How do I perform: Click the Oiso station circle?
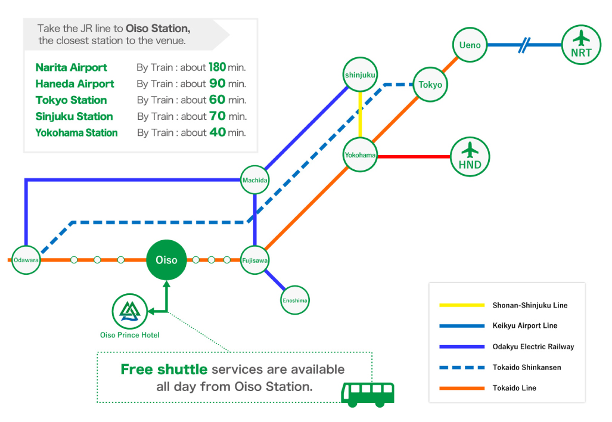(x=166, y=260)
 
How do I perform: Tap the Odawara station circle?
(x=26, y=260)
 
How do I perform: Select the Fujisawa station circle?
(x=254, y=260)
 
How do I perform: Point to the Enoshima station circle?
(x=295, y=300)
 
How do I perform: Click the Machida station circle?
(x=254, y=180)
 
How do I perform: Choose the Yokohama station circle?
(x=360, y=155)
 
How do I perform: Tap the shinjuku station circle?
(x=360, y=75)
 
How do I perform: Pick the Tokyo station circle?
(x=430, y=85)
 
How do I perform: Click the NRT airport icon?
(x=580, y=45)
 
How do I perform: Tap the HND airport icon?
(x=470, y=157)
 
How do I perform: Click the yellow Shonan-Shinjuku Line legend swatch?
(x=461, y=305)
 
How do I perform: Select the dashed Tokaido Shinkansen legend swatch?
(x=461, y=367)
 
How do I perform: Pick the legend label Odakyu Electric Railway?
(x=533, y=346)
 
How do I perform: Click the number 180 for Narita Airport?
(x=217, y=67)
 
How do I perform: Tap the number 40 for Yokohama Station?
(x=218, y=132)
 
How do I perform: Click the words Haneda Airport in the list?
(x=74, y=84)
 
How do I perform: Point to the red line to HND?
(x=414, y=157)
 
